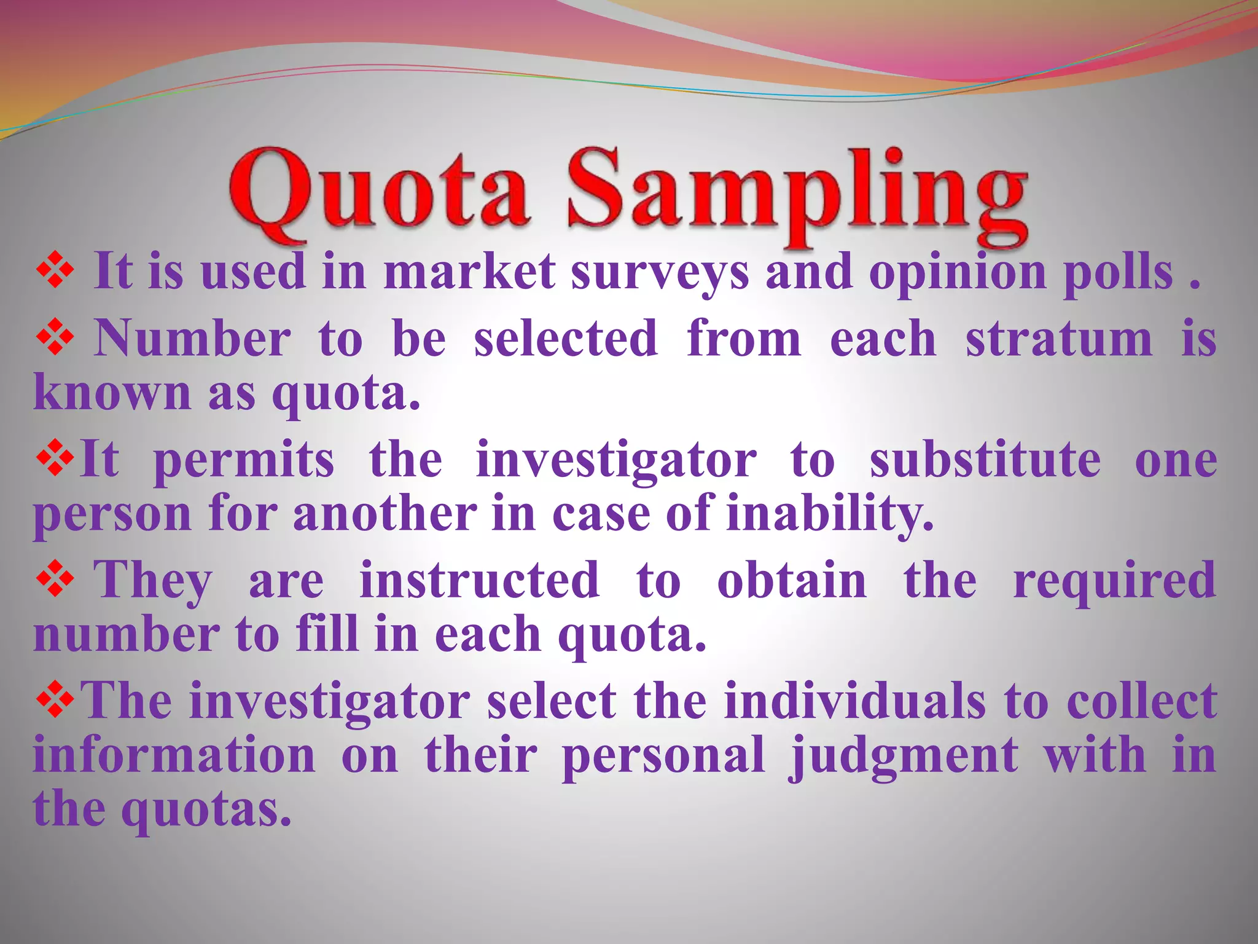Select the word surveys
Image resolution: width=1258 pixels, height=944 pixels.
(x=660, y=274)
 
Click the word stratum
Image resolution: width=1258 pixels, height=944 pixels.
(x=1058, y=339)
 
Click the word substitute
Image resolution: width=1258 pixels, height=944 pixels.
(x=985, y=460)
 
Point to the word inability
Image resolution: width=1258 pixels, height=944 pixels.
(x=829, y=515)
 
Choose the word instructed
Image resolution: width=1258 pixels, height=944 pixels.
(x=479, y=580)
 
